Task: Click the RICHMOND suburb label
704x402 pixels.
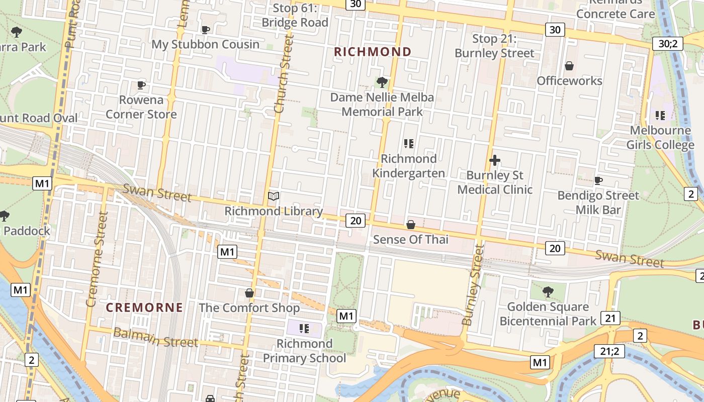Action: point(373,52)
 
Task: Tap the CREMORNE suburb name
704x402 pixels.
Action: point(144,308)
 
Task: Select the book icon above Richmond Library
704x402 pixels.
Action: point(274,196)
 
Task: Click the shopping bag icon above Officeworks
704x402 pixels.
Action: point(569,66)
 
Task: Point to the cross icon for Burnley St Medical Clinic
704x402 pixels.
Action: point(495,160)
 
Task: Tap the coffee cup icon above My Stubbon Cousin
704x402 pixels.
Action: point(205,30)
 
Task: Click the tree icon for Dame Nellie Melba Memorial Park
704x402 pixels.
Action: point(382,82)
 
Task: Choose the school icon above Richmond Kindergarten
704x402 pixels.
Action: point(409,144)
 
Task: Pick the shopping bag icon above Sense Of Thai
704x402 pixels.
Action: point(411,225)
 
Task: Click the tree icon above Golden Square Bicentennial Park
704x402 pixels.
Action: point(548,291)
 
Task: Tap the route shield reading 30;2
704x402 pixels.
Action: point(667,44)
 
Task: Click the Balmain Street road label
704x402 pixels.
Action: point(155,338)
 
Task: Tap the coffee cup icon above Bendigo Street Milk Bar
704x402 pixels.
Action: point(598,180)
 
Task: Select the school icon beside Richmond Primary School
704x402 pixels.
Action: point(304,329)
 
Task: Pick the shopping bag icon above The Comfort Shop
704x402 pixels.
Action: point(249,292)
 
